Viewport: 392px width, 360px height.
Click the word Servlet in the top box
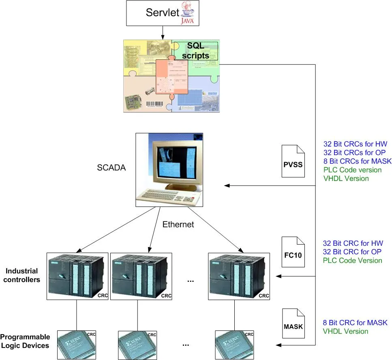pyautogui.click(x=162, y=13)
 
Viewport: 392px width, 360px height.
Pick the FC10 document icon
pyautogui.click(x=293, y=252)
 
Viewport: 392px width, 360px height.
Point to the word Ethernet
pyautogui.click(x=178, y=224)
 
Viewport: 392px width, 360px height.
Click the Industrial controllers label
pyautogui.click(x=22, y=275)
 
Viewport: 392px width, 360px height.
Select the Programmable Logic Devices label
pyautogui.click(x=25, y=341)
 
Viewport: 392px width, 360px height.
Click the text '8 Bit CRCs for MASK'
pyautogui.click(x=357, y=161)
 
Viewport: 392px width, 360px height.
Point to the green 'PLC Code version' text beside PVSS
pyautogui.click(x=352, y=170)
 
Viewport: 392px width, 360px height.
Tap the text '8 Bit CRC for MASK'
pyautogui.click(x=355, y=323)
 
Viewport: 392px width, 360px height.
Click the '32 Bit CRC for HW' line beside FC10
pyautogui.click(x=353, y=243)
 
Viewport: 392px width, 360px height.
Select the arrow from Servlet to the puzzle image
pyautogui.click(x=163, y=31)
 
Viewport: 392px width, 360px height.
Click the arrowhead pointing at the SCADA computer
pyautogui.click(x=227, y=186)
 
